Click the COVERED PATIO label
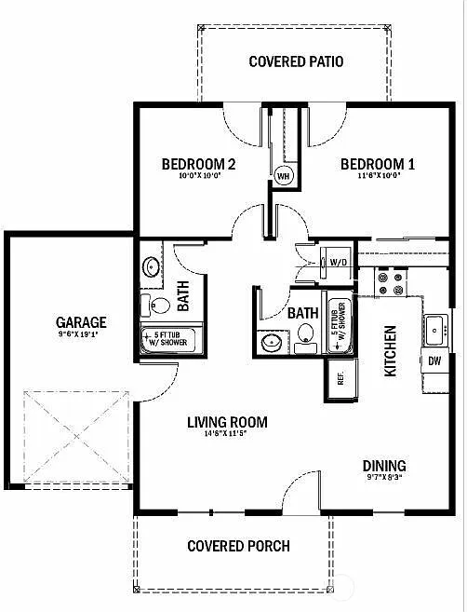(297, 62)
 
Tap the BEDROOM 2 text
(198, 165)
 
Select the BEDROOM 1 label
(377, 165)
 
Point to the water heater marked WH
(283, 174)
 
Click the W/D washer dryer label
(339, 263)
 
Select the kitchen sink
(434, 327)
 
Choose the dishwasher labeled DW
(434, 360)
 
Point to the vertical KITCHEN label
(391, 350)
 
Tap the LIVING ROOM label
(227, 422)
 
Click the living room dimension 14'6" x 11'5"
(226, 435)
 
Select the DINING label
(384, 466)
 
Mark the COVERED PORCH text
(238, 546)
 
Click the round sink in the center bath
(272, 343)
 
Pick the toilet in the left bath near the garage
(158, 305)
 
